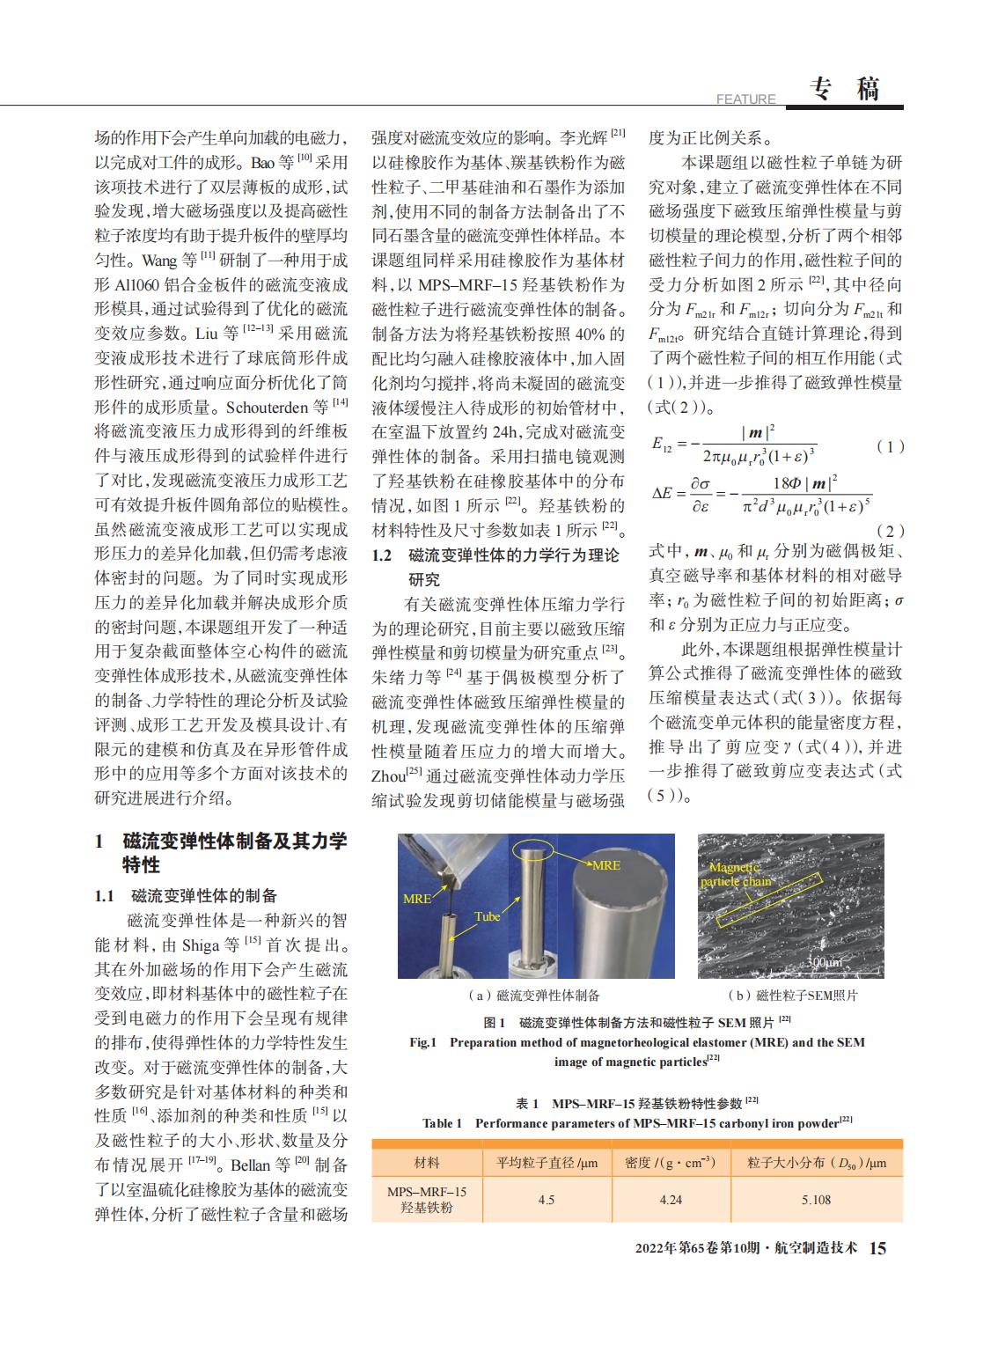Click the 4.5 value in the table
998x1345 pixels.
[546, 1200]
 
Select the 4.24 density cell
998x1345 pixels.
[670, 1200]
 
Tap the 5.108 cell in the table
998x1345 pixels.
[816, 1200]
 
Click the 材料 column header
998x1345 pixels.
[427, 1163]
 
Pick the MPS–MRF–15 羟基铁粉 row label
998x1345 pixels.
[427, 1200]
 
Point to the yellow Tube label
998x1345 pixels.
[487, 916]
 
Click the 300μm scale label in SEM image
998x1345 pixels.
[824, 962]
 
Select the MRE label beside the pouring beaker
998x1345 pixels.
[417, 899]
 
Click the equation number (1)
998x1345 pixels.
[891, 446]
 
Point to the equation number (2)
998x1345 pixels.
[891, 531]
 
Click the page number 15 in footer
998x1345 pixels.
[878, 1248]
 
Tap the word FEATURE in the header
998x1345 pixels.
[746, 99]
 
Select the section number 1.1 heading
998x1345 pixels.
[105, 896]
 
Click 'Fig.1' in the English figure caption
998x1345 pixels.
[422, 1042]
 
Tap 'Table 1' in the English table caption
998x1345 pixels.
[442, 1123]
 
